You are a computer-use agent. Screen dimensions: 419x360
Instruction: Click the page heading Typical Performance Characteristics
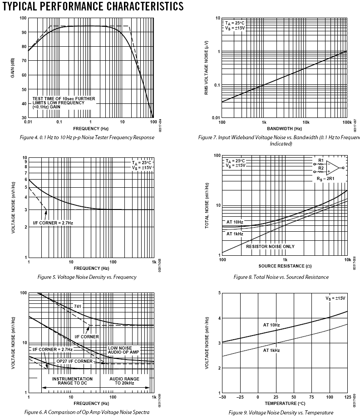click(x=87, y=6)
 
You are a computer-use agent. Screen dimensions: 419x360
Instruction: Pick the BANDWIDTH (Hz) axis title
click(x=284, y=129)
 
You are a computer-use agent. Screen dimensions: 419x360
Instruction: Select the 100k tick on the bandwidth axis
click(x=347, y=122)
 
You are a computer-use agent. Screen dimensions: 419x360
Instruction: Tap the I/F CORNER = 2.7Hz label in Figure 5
click(x=53, y=223)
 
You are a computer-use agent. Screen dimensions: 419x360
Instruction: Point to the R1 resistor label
click(x=321, y=161)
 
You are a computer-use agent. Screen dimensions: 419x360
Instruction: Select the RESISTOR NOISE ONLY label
click(x=270, y=246)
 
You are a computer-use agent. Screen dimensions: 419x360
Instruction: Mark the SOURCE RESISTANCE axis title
click(x=285, y=266)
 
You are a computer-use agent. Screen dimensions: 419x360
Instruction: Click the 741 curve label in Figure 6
click(x=78, y=307)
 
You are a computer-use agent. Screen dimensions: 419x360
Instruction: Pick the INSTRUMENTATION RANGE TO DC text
click(x=72, y=381)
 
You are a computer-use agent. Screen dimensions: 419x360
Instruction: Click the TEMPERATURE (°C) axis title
click(x=284, y=402)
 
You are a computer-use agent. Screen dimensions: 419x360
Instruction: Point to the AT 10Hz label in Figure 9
click(x=271, y=325)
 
